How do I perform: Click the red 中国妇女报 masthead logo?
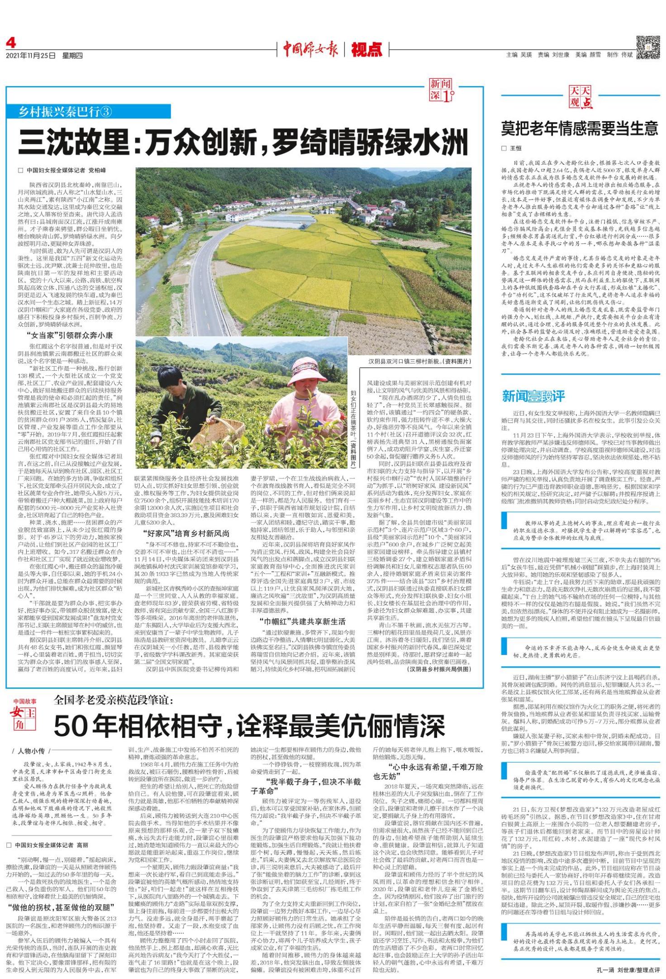point(310,49)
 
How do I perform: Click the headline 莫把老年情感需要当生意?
point(579,129)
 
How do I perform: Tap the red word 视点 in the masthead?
point(366,49)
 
